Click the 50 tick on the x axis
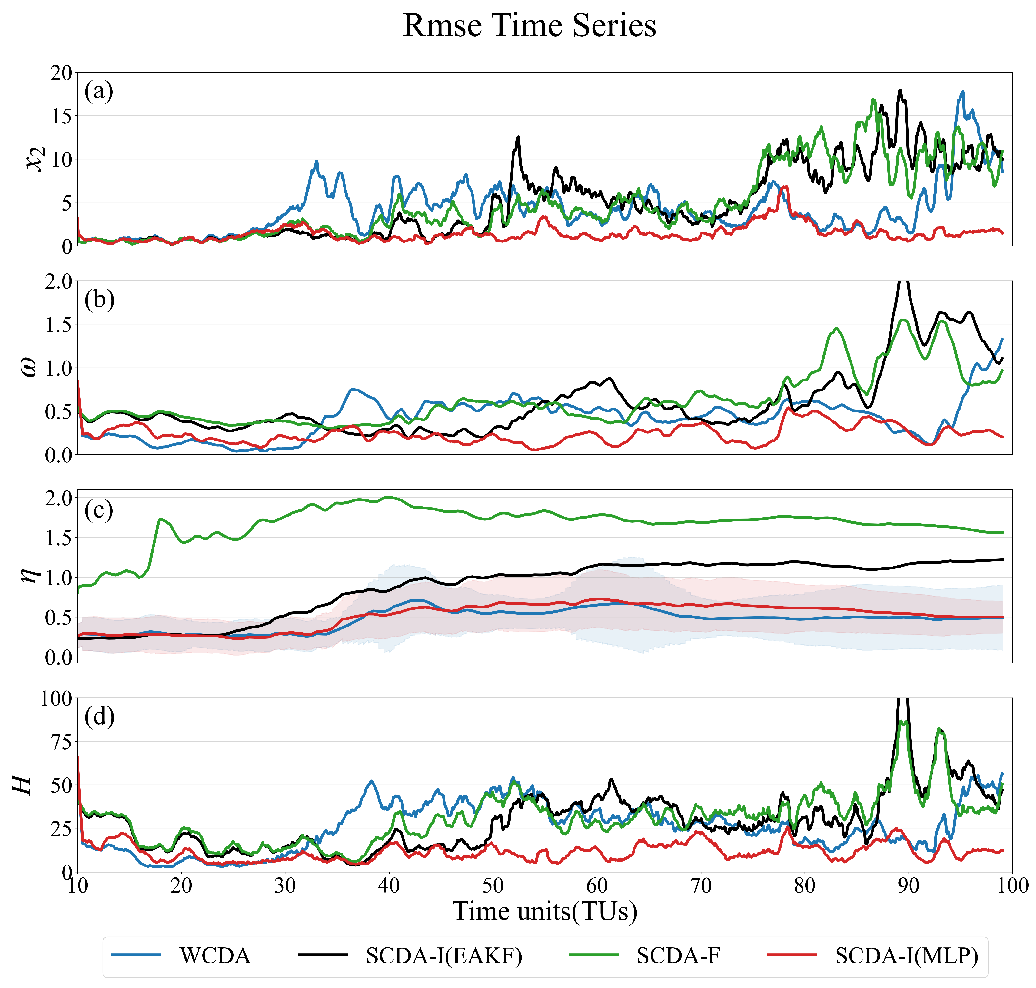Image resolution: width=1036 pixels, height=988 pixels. coord(493,886)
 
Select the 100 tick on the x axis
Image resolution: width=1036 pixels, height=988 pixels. coord(1011,886)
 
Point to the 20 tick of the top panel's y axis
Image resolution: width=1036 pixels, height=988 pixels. coord(61,73)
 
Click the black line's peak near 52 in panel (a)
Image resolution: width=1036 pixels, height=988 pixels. coord(518,137)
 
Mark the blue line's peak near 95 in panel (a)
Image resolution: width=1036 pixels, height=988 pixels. coord(962,92)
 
